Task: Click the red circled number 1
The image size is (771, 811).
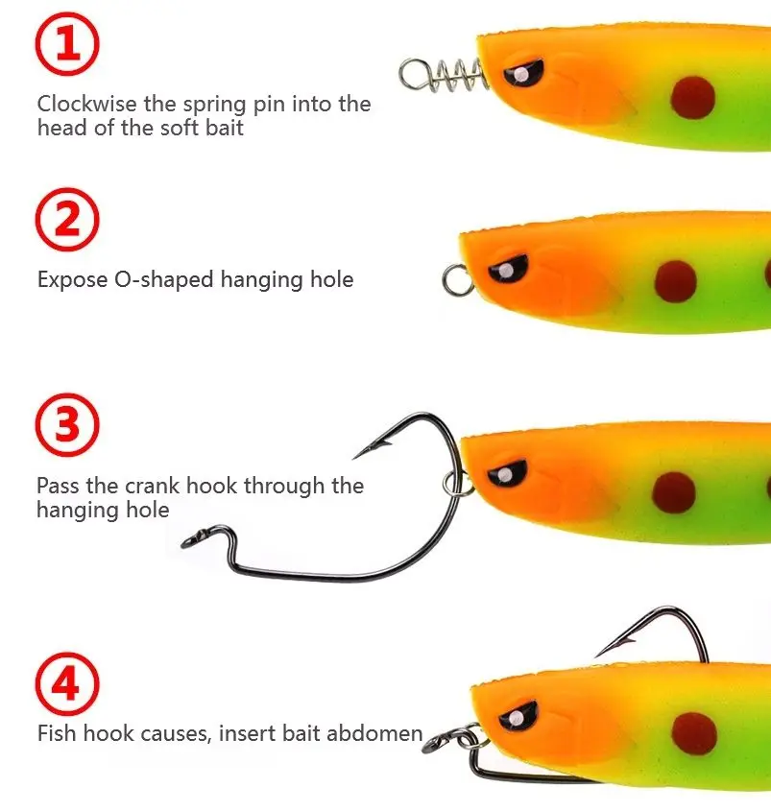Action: click(x=67, y=44)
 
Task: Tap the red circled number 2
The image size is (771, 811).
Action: click(x=67, y=219)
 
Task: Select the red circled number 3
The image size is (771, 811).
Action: click(x=67, y=424)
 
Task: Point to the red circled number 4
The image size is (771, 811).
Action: click(x=67, y=683)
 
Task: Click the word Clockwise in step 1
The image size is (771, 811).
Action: click(x=87, y=104)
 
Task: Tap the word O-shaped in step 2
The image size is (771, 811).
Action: click(x=163, y=280)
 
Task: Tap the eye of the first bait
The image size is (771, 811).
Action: click(x=523, y=74)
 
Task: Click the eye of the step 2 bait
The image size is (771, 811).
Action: click(x=507, y=269)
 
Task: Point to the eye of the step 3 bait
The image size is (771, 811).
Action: click(x=507, y=473)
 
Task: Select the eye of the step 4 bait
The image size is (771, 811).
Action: click(x=518, y=716)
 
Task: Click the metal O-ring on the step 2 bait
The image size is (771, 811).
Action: click(x=457, y=280)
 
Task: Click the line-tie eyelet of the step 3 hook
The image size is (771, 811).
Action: click(x=192, y=537)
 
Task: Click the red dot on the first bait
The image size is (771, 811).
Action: click(x=693, y=98)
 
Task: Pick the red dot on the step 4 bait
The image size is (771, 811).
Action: click(x=694, y=734)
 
